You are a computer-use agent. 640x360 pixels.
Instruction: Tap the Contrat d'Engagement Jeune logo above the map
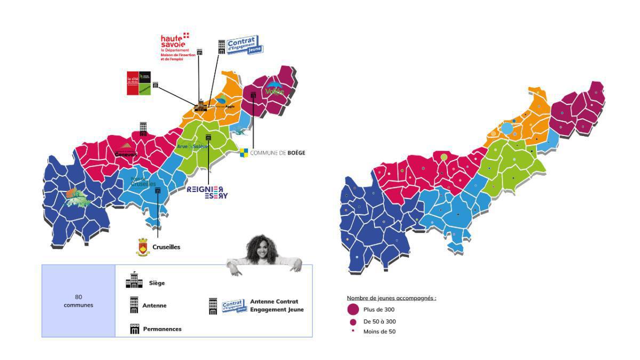pyautogui.click(x=243, y=45)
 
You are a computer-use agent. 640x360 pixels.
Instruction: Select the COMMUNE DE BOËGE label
pyautogui.click(x=277, y=153)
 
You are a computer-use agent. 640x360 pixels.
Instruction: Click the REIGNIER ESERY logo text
pyautogui.click(x=207, y=193)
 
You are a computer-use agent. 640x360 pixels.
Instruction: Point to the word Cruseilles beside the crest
pyautogui.click(x=166, y=247)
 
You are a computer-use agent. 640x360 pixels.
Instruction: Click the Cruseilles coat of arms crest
pyautogui.click(x=143, y=246)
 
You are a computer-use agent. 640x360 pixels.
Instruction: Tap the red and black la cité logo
pyautogui.click(x=139, y=83)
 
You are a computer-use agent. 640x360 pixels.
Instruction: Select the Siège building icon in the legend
pyautogui.click(x=134, y=281)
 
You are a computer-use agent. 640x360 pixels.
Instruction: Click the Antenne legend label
pyautogui.click(x=154, y=306)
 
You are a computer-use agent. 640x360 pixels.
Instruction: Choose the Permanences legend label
pyautogui.click(x=162, y=329)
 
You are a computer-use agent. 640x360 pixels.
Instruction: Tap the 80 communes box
pyautogui.click(x=78, y=301)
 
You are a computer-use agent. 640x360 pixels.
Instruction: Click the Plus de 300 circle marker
pyautogui.click(x=353, y=309)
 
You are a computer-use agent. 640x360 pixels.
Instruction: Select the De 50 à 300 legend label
pyautogui.click(x=380, y=322)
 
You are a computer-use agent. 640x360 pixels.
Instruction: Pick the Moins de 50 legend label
pyautogui.click(x=380, y=332)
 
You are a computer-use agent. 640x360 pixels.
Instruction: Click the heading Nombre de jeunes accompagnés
pyautogui.click(x=391, y=298)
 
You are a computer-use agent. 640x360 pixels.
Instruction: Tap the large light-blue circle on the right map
pyautogui.click(x=507, y=129)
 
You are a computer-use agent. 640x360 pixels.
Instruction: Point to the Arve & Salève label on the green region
pyautogui.click(x=193, y=146)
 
